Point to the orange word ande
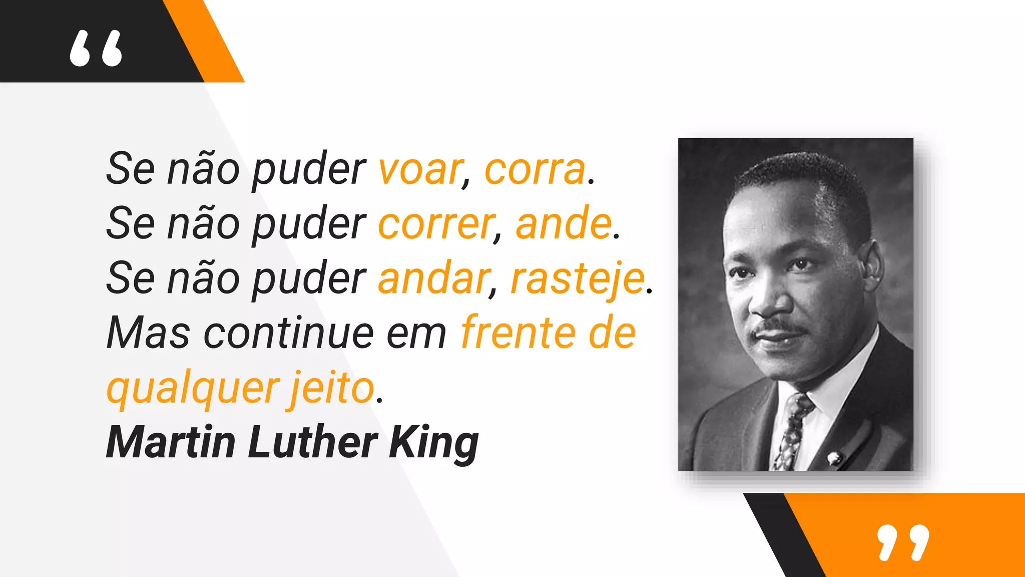click(563, 224)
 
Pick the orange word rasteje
click(577, 279)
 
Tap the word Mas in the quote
click(148, 333)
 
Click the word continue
click(288, 333)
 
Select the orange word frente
click(518, 333)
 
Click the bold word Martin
click(171, 442)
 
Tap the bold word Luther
click(313, 442)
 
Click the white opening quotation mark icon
click(96, 48)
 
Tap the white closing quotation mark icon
click(903, 543)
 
